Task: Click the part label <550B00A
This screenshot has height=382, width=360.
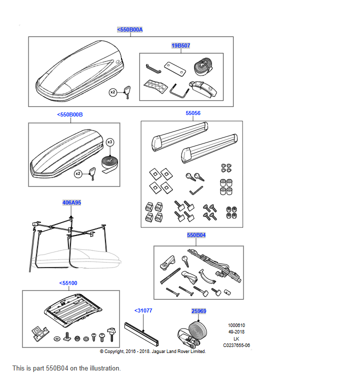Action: click(x=130, y=29)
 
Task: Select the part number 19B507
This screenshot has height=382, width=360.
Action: click(x=180, y=45)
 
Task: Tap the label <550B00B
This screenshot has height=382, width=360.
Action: click(x=70, y=114)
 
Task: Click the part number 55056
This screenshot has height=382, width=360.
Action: click(x=193, y=113)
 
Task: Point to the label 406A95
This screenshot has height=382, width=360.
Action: click(x=71, y=202)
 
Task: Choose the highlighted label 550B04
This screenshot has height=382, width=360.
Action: click(x=196, y=234)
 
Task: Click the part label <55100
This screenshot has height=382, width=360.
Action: click(x=68, y=283)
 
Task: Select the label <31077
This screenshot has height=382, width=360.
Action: click(x=143, y=310)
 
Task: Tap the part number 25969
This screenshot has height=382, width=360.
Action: click(x=198, y=311)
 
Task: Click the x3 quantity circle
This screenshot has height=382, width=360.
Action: click(x=110, y=142)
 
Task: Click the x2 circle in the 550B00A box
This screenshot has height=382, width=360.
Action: click(x=113, y=92)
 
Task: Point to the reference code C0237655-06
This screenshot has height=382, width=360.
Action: click(x=236, y=345)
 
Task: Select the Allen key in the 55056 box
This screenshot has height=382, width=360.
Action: click(x=196, y=190)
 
